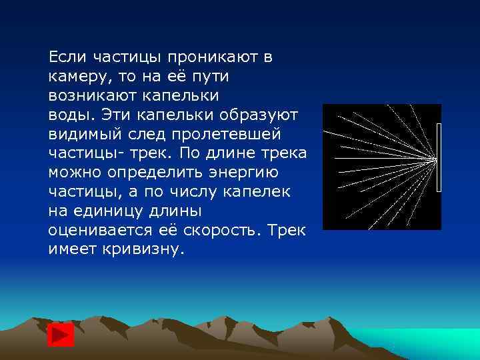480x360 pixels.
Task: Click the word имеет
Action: pos(71,249)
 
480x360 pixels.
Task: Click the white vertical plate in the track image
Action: pos(439,158)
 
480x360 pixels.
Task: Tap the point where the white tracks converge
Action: pos(434,159)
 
